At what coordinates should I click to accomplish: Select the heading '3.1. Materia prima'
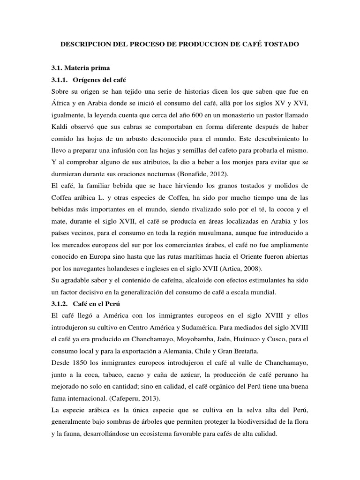tap(74, 68)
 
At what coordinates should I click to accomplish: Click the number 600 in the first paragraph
tap(191, 115)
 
